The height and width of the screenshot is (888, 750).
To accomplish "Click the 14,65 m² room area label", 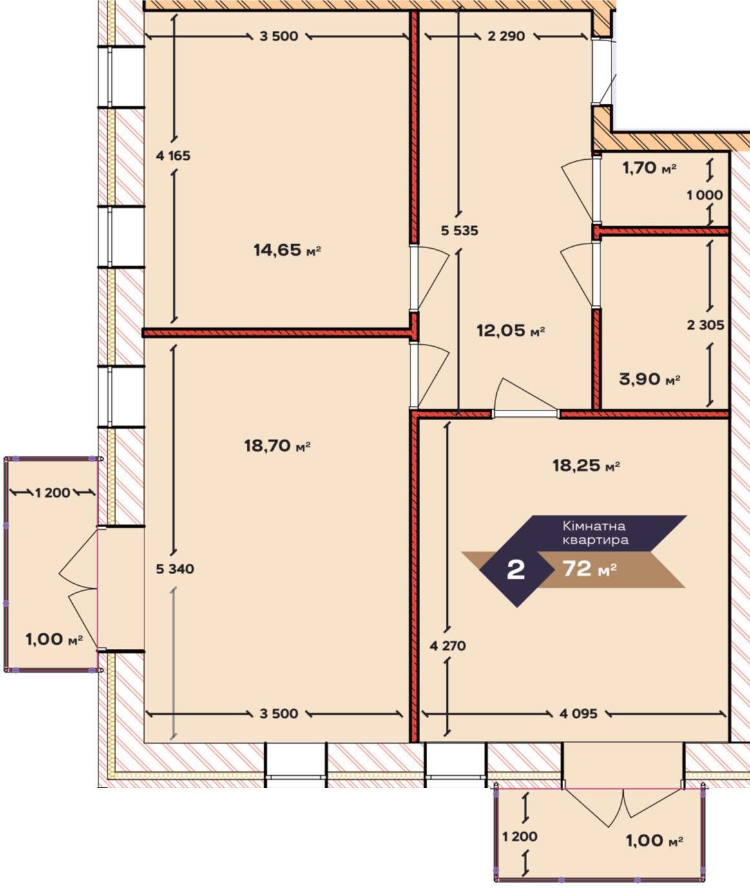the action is point(287,250).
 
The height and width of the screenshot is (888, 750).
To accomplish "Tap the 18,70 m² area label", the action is point(277,446).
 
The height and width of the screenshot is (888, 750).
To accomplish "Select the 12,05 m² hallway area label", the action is point(510,331).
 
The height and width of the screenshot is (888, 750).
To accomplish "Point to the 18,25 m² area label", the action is point(586,466).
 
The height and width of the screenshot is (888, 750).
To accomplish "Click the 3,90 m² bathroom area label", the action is point(649,378).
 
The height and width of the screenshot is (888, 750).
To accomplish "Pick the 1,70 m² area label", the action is point(649,168).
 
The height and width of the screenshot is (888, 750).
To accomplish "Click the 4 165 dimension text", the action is point(173,156).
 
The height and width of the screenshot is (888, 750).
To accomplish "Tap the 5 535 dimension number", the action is point(459,231).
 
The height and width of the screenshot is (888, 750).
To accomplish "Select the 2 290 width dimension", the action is point(506,36).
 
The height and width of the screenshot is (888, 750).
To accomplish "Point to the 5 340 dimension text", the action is point(175,568).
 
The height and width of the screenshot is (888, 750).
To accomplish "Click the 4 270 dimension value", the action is point(448,646).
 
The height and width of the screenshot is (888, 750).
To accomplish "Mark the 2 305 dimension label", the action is point(706,325).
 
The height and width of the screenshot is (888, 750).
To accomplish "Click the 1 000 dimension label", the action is point(705,195).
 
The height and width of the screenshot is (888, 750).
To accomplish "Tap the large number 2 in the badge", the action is point(515,570).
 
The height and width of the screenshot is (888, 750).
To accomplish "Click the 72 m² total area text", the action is point(590,568).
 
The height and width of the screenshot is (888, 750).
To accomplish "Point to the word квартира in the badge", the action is point(595,540).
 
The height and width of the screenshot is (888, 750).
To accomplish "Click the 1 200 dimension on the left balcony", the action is point(53,493).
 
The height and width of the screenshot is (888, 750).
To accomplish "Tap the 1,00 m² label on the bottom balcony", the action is point(655,840).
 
